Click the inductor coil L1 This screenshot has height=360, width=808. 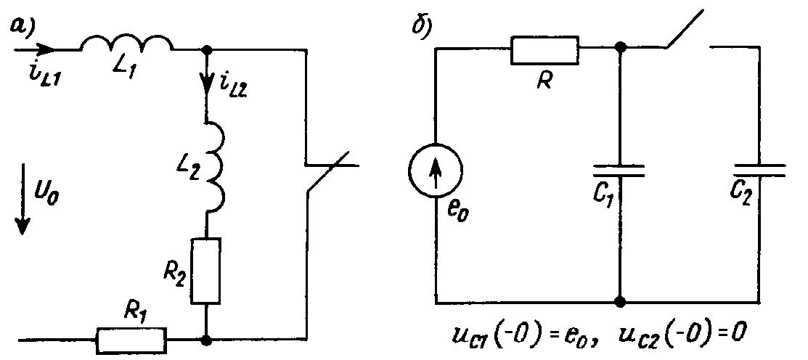click(x=126, y=44)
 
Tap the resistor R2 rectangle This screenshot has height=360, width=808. click(x=206, y=270)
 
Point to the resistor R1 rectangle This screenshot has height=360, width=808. click(x=131, y=339)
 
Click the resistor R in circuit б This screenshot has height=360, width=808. click(x=544, y=49)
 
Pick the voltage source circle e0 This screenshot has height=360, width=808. click(x=436, y=175)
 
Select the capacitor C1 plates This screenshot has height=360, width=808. click(x=619, y=171)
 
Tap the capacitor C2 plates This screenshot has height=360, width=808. click(x=759, y=171)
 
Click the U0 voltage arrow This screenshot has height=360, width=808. click(x=23, y=210)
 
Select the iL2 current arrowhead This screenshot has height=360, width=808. click(x=207, y=86)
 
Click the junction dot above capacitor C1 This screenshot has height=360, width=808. click(x=619, y=48)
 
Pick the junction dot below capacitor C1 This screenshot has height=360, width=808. click(x=619, y=300)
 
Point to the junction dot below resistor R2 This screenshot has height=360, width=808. click(x=208, y=338)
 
